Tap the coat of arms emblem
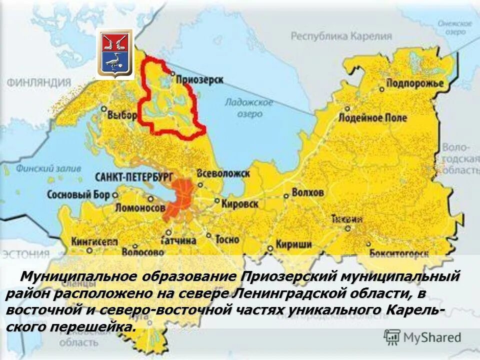pos(115,53)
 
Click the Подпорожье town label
pos(415,83)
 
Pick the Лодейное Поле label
pos(372,118)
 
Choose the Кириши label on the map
pos(295,244)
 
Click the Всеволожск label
pos(223,173)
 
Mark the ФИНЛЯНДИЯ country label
pos(39,82)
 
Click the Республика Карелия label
pos(341,36)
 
